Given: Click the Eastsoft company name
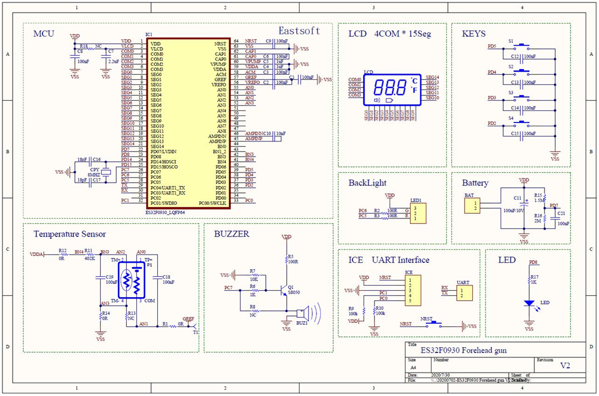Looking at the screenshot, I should coord(299,30).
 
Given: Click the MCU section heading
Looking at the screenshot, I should coord(44,33).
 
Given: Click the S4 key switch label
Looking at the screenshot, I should coord(511,118).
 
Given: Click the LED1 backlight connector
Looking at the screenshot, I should coord(416,213).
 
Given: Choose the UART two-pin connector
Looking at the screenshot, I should coord(463,293).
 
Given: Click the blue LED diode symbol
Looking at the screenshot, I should coord(529,303).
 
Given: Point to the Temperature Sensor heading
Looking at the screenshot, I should coord(70,234).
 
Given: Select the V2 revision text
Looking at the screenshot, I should coord(564,366).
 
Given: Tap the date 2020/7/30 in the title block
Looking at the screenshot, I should coord(440,375).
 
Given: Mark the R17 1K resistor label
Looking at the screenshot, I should coord(534,277).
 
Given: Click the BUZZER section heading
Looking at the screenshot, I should coord(232,234).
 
